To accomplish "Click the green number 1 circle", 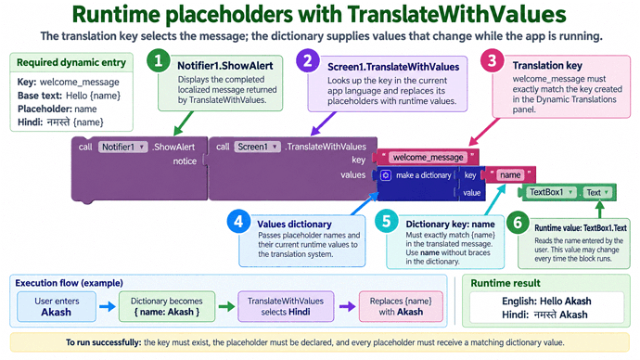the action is point(159,61).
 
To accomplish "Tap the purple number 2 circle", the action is point(308,61).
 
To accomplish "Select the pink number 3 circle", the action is point(493,61).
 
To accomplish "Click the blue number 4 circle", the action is point(238,222).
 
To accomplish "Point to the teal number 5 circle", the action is point(387,221).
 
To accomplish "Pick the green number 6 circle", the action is point(518,223).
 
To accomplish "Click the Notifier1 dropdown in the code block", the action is point(122,147).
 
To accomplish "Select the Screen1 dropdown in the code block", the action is point(258,147).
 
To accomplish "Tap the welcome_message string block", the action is point(428,157).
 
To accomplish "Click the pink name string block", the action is point(510,175).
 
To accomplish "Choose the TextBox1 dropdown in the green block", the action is point(551,192).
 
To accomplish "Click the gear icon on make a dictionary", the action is point(386,175).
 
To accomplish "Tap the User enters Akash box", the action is point(57,306).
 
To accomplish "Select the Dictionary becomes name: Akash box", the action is point(167,306).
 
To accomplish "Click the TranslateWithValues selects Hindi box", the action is point(286,306).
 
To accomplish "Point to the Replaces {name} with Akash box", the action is point(401,306).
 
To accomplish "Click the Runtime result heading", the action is point(506,283).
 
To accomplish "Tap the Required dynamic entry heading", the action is point(71,62).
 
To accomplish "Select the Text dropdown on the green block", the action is point(597,192).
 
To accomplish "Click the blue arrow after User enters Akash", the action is point(108,306).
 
